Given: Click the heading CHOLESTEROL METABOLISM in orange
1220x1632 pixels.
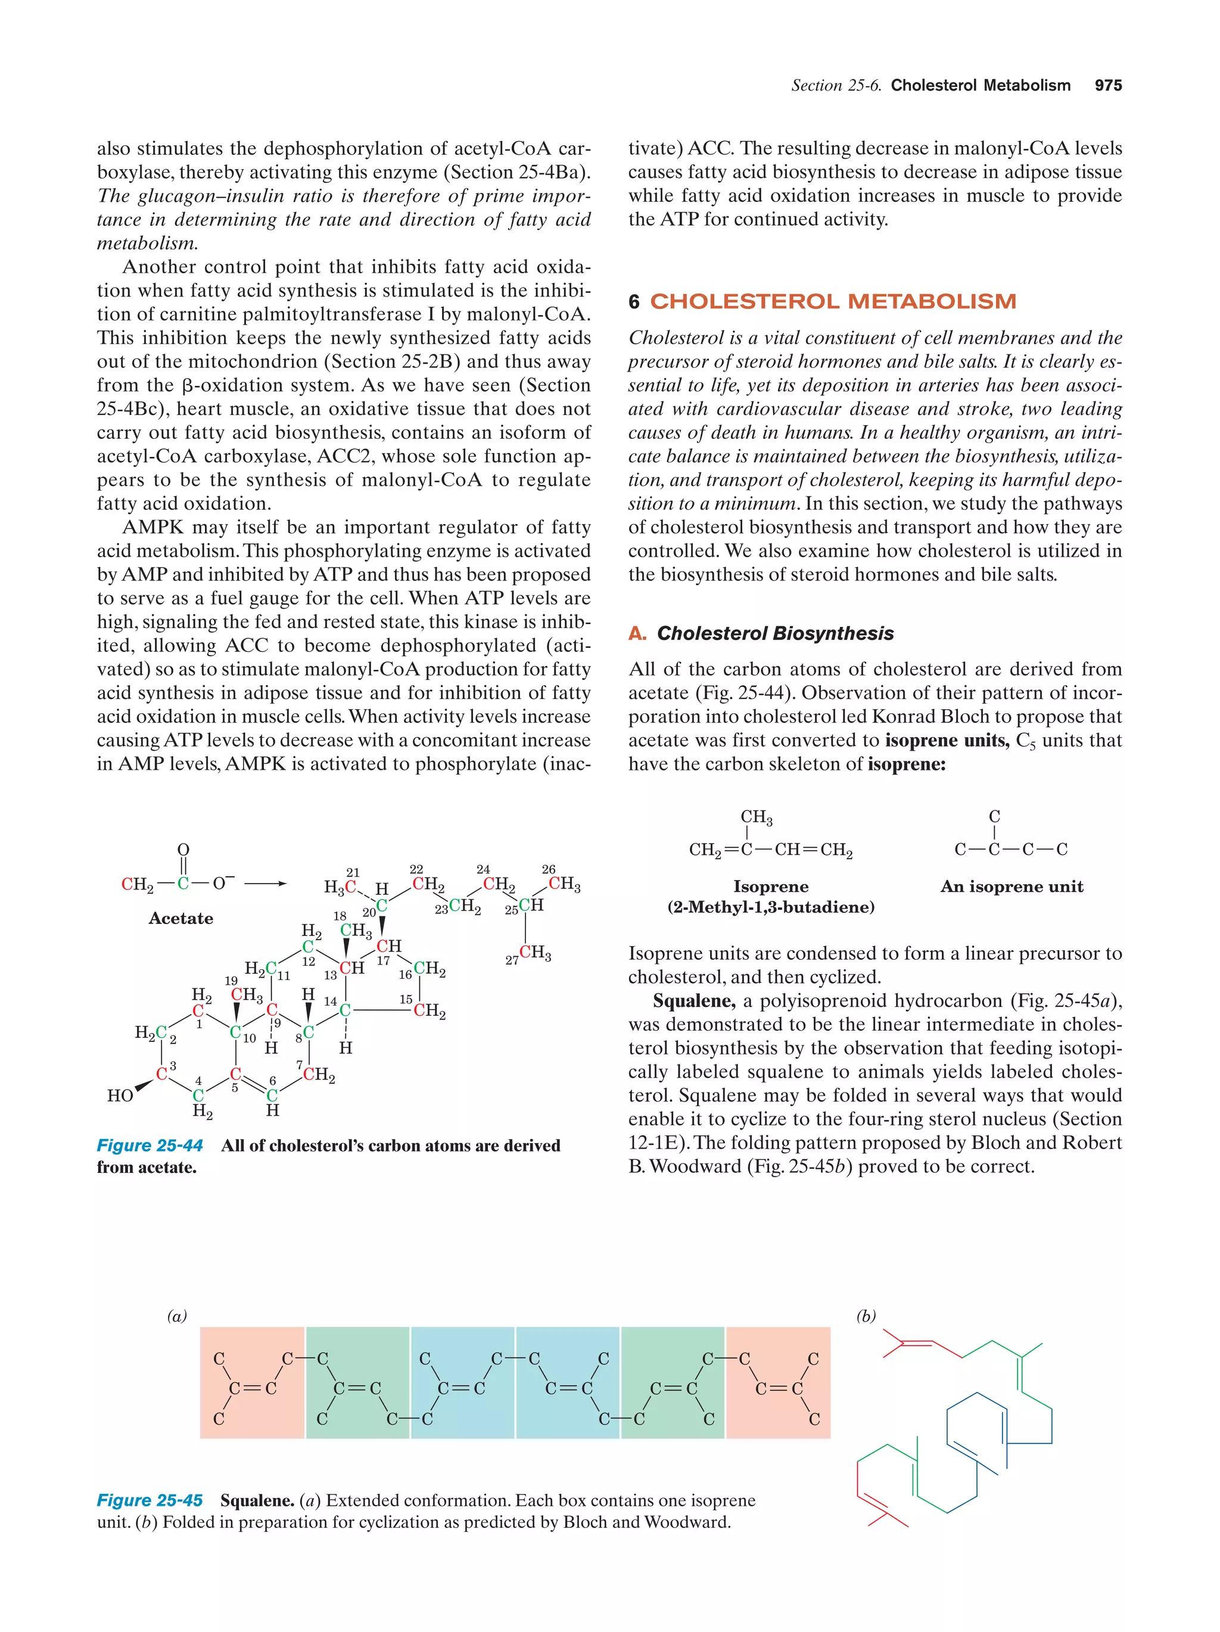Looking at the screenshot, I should tap(833, 302).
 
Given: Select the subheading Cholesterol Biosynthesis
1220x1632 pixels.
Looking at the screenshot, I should tap(774, 634).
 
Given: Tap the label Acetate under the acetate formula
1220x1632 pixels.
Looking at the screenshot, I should tap(181, 919).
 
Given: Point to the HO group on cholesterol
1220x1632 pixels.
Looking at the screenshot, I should tap(120, 1096).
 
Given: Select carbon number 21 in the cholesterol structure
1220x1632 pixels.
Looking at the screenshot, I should tap(353, 873).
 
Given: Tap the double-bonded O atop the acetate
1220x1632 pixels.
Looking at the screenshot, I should tap(183, 850).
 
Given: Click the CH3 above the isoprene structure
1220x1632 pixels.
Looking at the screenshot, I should tap(757, 817).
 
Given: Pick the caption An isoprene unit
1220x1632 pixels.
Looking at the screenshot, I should tap(1011, 887).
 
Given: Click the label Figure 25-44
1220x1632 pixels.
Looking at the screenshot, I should tap(150, 1146).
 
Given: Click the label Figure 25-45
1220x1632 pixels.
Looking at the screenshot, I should tap(150, 1500).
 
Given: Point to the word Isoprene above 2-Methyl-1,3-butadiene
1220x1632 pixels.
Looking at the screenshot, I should tap(770, 887).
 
